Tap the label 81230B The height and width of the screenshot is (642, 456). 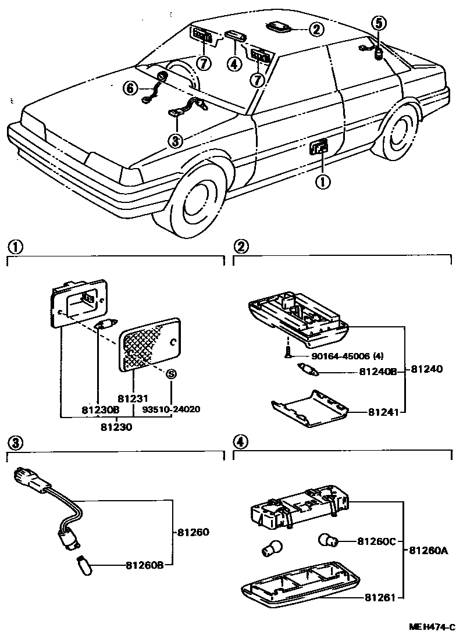[x=101, y=409]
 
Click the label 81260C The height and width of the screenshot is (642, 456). [x=376, y=542]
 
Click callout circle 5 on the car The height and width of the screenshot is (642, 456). [x=379, y=23]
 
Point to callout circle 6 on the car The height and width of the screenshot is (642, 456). [x=130, y=88]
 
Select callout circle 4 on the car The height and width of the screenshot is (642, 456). [x=234, y=63]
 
